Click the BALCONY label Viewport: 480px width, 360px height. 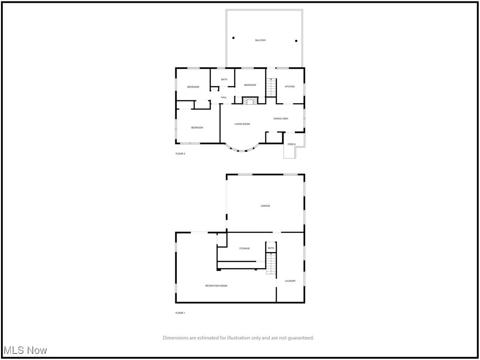point(260,40)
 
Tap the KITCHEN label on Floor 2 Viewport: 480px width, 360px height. point(290,87)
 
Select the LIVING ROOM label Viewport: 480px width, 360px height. point(242,124)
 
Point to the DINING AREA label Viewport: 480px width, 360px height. point(281,119)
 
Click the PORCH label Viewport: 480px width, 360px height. point(292,144)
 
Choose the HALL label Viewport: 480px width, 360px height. point(224,97)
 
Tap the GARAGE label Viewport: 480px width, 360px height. point(265,206)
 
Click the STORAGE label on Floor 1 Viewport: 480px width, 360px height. point(244,248)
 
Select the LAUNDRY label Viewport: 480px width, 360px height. point(290,281)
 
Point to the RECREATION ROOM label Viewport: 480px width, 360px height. point(216,285)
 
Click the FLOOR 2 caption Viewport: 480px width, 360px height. point(180,154)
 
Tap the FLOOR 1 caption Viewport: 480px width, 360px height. point(180,313)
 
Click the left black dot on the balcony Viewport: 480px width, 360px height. point(233,38)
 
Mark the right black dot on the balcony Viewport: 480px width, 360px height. point(296,41)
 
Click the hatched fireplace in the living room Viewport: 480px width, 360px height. point(250,101)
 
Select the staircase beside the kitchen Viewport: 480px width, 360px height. point(271,88)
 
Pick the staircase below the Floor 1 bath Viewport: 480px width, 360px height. point(271,263)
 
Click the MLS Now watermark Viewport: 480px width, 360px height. point(25,351)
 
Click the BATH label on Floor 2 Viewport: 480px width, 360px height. point(224,80)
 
